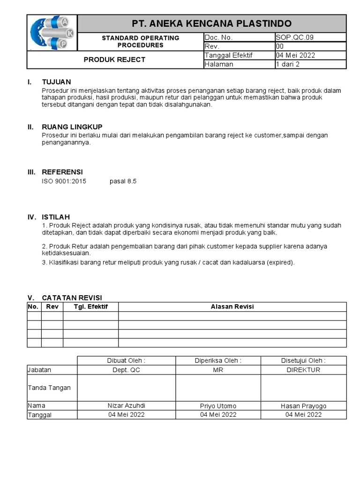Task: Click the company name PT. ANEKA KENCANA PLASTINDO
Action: click(211, 23)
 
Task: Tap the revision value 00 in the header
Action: click(280, 46)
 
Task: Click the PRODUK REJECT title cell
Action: click(114, 60)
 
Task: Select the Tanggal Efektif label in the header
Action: click(228, 55)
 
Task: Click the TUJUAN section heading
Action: click(56, 82)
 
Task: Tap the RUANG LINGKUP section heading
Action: click(72, 127)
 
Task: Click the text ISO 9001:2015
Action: click(64, 181)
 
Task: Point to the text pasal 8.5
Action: click(123, 181)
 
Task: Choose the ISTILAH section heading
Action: click(56, 217)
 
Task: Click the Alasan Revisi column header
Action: click(232, 307)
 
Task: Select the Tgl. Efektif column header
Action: click(91, 307)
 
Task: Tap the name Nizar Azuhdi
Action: click(127, 406)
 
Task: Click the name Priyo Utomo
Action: click(218, 406)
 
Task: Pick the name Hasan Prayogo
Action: click(303, 406)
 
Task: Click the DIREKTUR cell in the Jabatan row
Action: click(303, 370)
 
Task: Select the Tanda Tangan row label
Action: click(49, 388)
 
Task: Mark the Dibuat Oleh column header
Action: click(127, 360)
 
